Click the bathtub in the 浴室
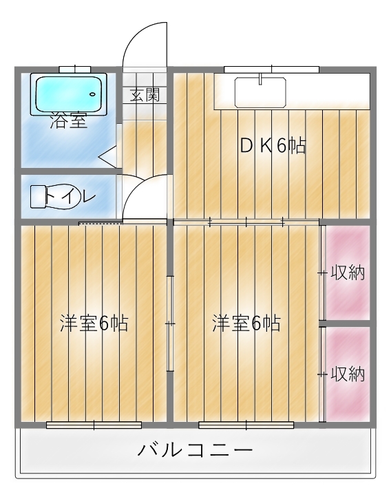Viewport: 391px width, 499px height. click(x=68, y=94)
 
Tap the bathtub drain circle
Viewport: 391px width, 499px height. click(x=93, y=94)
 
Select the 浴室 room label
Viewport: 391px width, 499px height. click(x=68, y=120)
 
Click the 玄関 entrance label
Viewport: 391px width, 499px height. click(x=145, y=94)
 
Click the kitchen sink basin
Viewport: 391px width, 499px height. click(x=260, y=92)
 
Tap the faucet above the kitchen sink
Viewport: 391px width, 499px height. click(x=260, y=79)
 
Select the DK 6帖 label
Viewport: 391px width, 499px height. click(x=273, y=147)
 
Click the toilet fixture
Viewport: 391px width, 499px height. click(x=55, y=197)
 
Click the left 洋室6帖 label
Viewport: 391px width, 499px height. click(x=94, y=323)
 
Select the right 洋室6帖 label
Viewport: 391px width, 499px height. click(x=246, y=323)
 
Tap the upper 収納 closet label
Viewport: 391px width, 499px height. click(x=348, y=273)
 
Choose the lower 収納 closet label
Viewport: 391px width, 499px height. click(x=348, y=374)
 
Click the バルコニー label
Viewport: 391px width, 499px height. click(x=195, y=450)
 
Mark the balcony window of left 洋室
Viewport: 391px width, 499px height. click(x=94, y=425)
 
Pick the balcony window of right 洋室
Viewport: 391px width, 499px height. click(x=246, y=425)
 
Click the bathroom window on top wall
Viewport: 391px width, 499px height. click(x=75, y=70)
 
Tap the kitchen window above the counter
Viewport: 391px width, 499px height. click(x=272, y=70)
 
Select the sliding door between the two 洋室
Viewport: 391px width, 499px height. click(x=170, y=323)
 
